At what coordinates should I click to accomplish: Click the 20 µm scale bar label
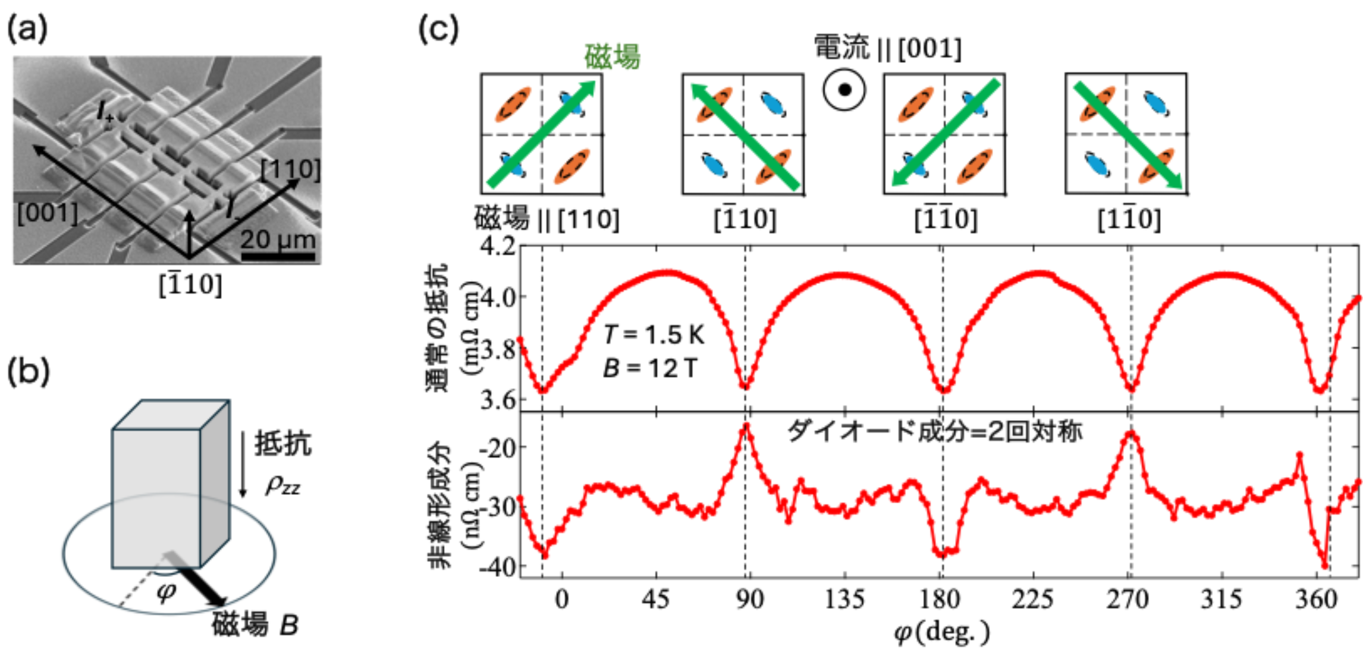pos(278,239)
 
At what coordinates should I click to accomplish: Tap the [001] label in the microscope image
pos(48,213)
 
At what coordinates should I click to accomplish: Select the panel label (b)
pos(28,371)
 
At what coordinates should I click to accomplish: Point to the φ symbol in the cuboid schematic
pos(166,591)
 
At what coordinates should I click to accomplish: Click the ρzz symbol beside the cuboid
pos(282,486)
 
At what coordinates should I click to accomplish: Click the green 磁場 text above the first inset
pos(613,57)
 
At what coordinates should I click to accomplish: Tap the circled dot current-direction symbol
pos(844,90)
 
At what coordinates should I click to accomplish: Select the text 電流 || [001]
pos(887,48)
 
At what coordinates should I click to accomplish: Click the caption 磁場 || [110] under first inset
pos(547,219)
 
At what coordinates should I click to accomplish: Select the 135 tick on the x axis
pos(844,599)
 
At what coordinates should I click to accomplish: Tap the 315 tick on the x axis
pos(1221,599)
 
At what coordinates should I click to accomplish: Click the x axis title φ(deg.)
pos(942,632)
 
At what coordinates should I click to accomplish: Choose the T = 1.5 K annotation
pos(654,335)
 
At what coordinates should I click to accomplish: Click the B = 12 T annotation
pos(650,368)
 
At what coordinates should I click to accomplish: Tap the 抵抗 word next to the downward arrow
pos(283,444)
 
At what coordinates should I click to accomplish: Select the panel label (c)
pos(439,28)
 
